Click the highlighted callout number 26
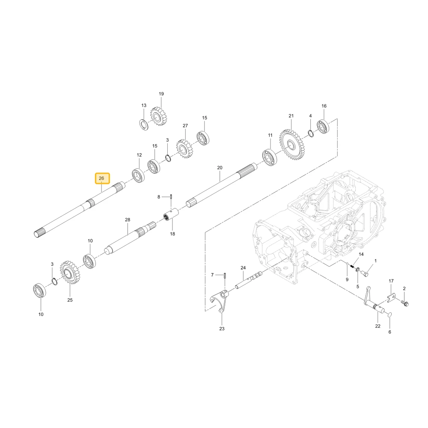(x=101, y=178)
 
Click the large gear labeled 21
(x=292, y=145)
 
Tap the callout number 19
(x=161, y=94)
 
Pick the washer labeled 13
(x=144, y=125)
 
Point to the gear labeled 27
(x=184, y=149)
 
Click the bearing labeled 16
(x=323, y=127)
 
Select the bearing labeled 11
(x=269, y=157)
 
